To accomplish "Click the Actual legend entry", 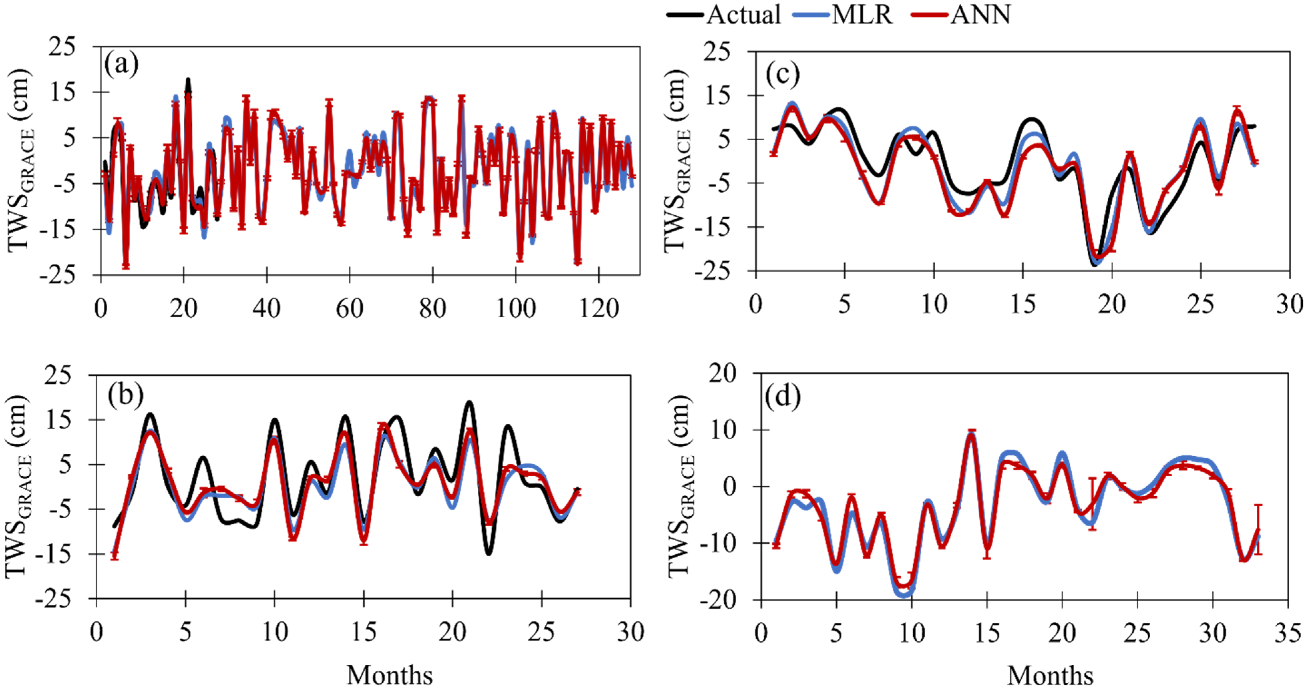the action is [724, 14].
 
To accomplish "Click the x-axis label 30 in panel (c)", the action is [1290, 304].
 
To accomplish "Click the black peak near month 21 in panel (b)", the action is [469, 403].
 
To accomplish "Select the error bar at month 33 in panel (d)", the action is [1258, 529].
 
